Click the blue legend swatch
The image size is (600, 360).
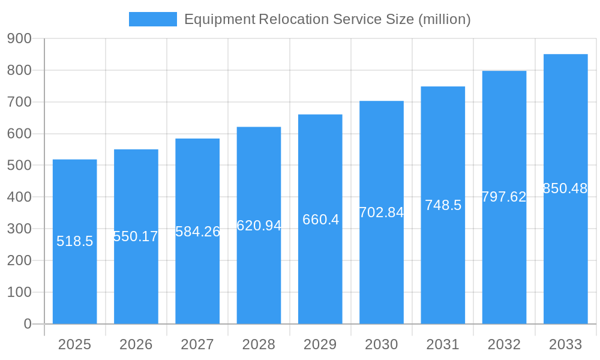click(x=153, y=19)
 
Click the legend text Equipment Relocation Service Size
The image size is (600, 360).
click(x=327, y=19)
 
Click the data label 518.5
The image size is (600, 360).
click(x=75, y=241)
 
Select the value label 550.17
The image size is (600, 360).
click(x=136, y=236)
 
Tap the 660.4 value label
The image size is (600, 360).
click(x=320, y=220)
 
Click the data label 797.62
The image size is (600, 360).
click(x=504, y=197)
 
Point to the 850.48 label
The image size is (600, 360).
click(x=565, y=188)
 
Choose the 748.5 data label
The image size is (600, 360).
click(x=443, y=205)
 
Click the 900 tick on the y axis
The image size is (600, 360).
click(x=19, y=38)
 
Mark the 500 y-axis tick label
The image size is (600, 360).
click(x=19, y=165)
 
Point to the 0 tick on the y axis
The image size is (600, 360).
click(x=27, y=324)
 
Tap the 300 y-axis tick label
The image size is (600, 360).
click(x=19, y=229)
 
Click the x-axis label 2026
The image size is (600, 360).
click(x=136, y=344)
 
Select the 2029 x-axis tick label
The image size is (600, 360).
click(x=320, y=344)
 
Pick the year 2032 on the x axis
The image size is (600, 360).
click(x=504, y=344)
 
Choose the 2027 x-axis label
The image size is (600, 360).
click(x=197, y=344)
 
